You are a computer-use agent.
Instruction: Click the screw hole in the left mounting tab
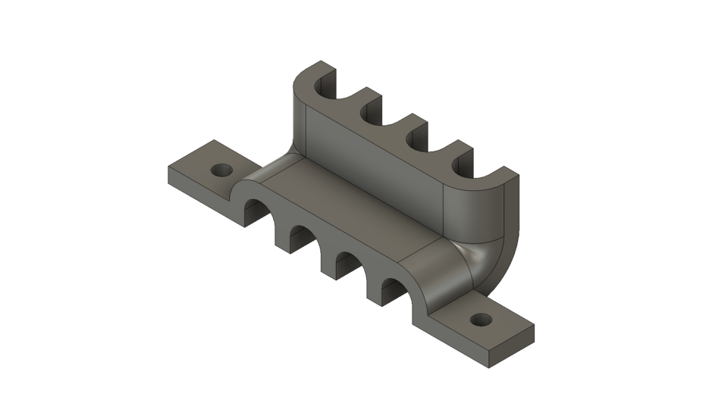click(221, 170)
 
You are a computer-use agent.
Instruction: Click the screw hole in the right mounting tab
click(479, 320)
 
